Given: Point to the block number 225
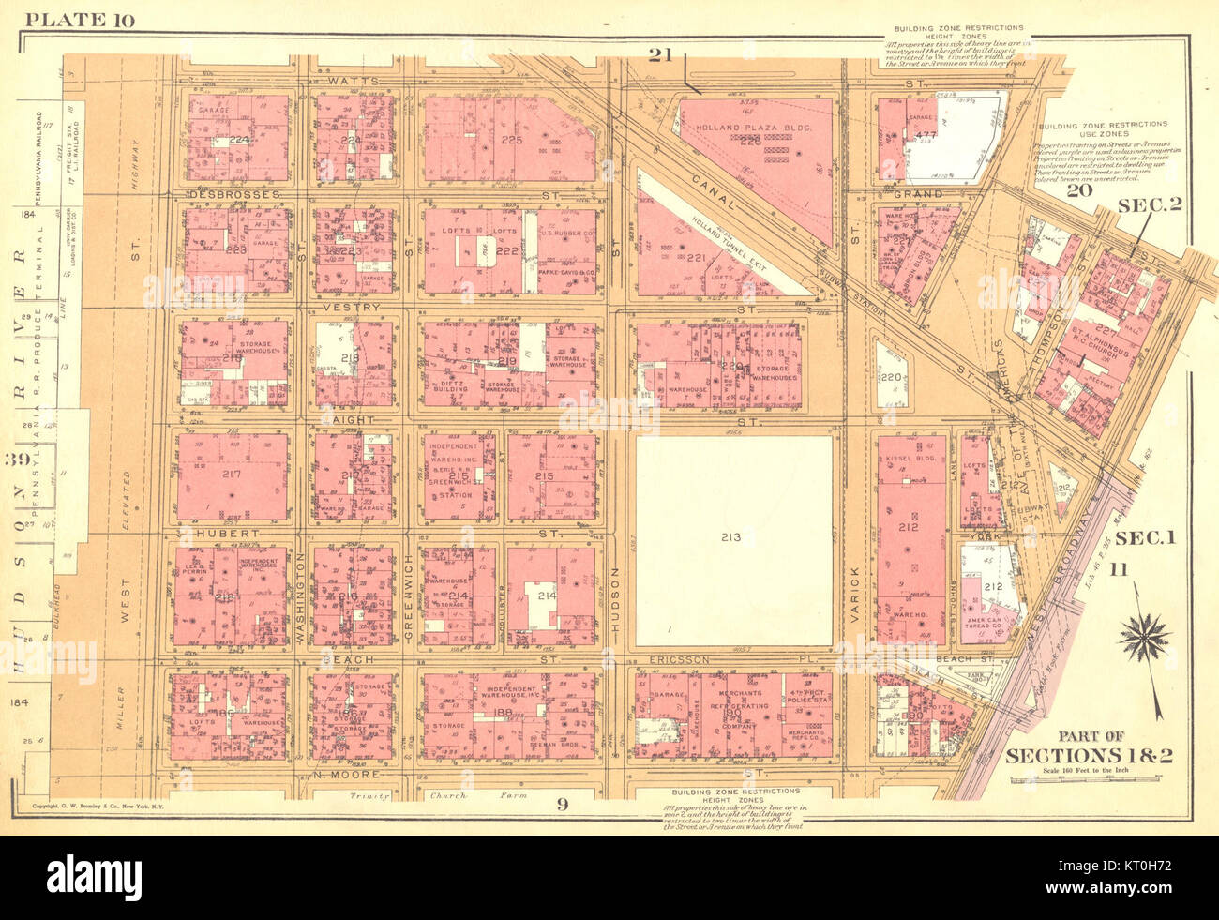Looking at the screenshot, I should (x=511, y=140).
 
